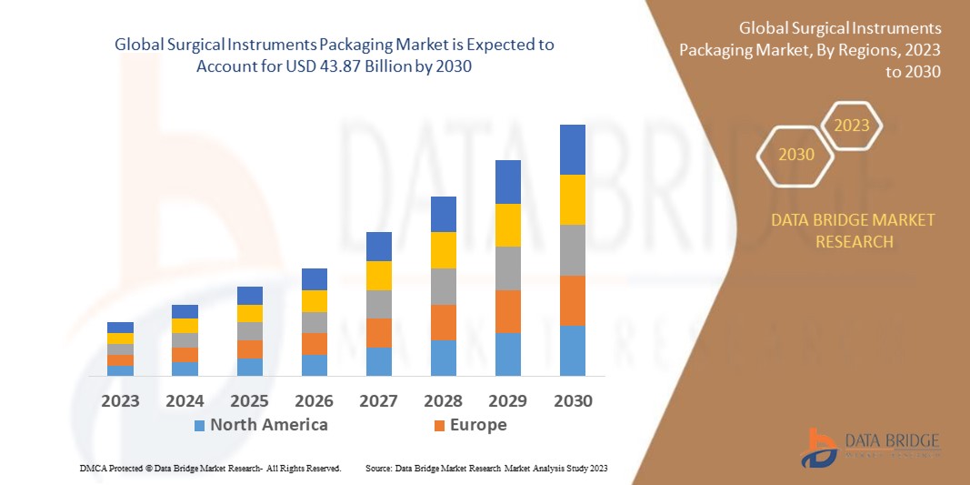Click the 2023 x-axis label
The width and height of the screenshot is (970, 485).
pos(120,400)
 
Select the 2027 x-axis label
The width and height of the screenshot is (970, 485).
pos(378,400)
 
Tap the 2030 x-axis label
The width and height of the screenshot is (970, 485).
pos(572,400)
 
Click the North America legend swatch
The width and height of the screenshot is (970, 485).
pos(199,426)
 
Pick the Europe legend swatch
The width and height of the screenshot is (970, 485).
pos(439,426)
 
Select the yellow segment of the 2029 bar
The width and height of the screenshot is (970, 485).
pos(507,225)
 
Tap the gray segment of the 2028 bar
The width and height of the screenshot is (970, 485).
pos(443,286)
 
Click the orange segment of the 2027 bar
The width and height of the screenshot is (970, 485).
pos(378,332)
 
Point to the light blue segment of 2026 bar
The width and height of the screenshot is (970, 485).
pos(314,365)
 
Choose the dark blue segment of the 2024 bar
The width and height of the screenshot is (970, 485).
pos(185,311)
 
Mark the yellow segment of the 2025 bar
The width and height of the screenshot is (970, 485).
pos(249,313)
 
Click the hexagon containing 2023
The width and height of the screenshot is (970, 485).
pos(852,126)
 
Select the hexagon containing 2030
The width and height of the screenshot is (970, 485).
pos(796,155)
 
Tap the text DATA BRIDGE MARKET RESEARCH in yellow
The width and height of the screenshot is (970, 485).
pos(853,231)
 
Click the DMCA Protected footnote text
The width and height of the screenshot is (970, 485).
pos(210,468)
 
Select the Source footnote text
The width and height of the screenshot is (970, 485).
pos(485,468)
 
